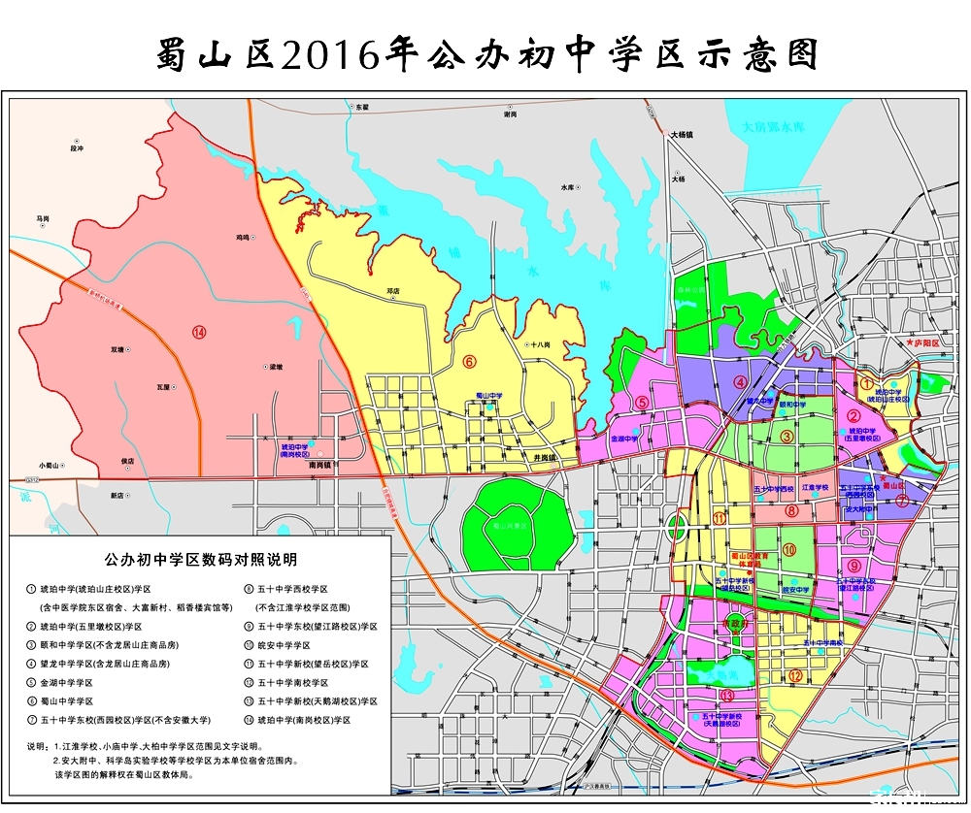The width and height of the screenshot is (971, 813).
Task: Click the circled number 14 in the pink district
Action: (x=199, y=333)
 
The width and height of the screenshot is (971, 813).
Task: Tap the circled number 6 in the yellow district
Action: (x=468, y=362)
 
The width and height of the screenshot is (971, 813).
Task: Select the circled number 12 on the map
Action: (x=795, y=675)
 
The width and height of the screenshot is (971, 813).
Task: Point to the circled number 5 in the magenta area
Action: (x=642, y=402)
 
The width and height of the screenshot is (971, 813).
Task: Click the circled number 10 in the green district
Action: (x=789, y=550)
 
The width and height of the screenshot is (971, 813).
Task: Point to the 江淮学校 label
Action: (x=815, y=488)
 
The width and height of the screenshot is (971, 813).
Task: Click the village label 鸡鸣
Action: (x=242, y=237)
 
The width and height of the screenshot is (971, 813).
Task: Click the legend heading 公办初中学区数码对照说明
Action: (x=200, y=560)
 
